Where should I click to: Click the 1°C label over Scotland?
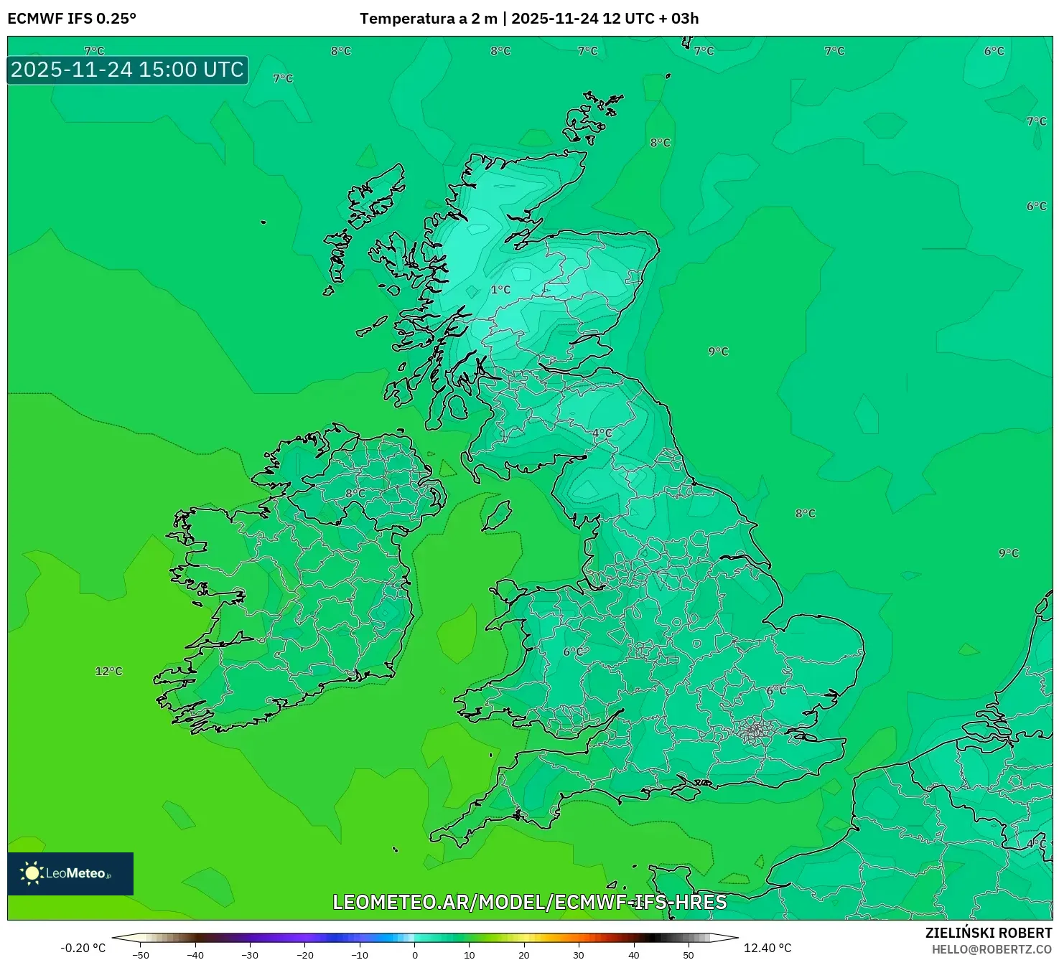tap(500, 290)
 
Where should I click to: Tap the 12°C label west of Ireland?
tap(109, 672)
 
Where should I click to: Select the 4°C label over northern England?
tap(602, 433)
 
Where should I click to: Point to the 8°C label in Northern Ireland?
tap(355, 494)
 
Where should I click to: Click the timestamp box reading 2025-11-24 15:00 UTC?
tap(128, 70)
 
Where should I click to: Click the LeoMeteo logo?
tap(70, 873)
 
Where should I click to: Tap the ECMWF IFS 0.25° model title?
tap(72, 19)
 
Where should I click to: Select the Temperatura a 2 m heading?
tap(429, 19)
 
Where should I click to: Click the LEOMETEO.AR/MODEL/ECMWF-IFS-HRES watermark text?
tap(530, 902)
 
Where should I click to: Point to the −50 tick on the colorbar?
tap(141, 955)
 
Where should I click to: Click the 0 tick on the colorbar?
tap(414, 955)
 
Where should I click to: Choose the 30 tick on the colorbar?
tap(579, 955)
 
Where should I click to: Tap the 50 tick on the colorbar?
tap(688, 955)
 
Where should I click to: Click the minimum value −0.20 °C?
tap(83, 948)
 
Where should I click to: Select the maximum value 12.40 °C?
tap(768, 948)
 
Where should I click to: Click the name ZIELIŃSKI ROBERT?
tap(988, 933)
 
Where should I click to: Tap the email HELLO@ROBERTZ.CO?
tap(992, 949)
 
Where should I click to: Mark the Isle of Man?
tap(497, 515)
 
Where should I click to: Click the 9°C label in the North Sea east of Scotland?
tap(718, 352)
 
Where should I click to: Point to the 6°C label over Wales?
tap(573, 651)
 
